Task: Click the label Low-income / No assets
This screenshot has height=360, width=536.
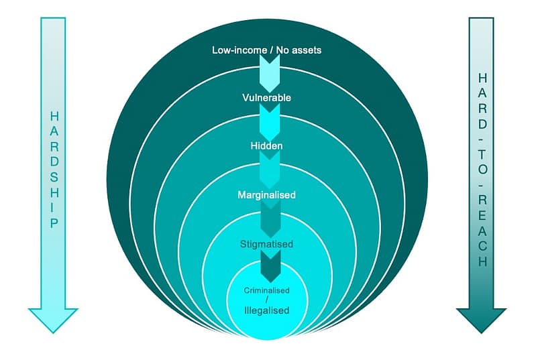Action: click(x=266, y=50)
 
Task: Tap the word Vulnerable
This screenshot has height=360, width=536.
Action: click(x=266, y=98)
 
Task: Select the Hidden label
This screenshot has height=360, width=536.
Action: click(x=266, y=145)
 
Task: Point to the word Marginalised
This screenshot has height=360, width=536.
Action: click(x=266, y=195)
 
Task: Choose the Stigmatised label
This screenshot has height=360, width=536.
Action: click(x=266, y=244)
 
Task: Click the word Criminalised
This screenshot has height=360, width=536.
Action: click(x=266, y=292)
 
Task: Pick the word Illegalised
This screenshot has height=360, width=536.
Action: click(x=266, y=310)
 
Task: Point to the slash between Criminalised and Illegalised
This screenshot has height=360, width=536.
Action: click(x=266, y=301)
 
